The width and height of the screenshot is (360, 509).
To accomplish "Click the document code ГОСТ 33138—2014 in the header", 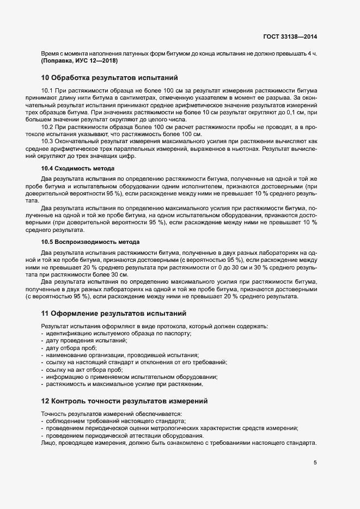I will coord(290,36).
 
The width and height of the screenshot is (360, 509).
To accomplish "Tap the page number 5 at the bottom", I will coord(315,463).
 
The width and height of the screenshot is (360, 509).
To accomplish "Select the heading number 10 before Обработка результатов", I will coord(45,78).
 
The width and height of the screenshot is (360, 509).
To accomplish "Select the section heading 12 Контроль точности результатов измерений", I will coord(124,401).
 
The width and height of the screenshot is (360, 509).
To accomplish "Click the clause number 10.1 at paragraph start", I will coord(47,90).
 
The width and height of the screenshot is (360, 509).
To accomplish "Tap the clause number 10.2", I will coord(47,127).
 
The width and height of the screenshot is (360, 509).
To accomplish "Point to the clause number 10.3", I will coord(47,142).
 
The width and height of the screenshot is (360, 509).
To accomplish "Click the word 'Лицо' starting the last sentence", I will coord(48,443).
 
